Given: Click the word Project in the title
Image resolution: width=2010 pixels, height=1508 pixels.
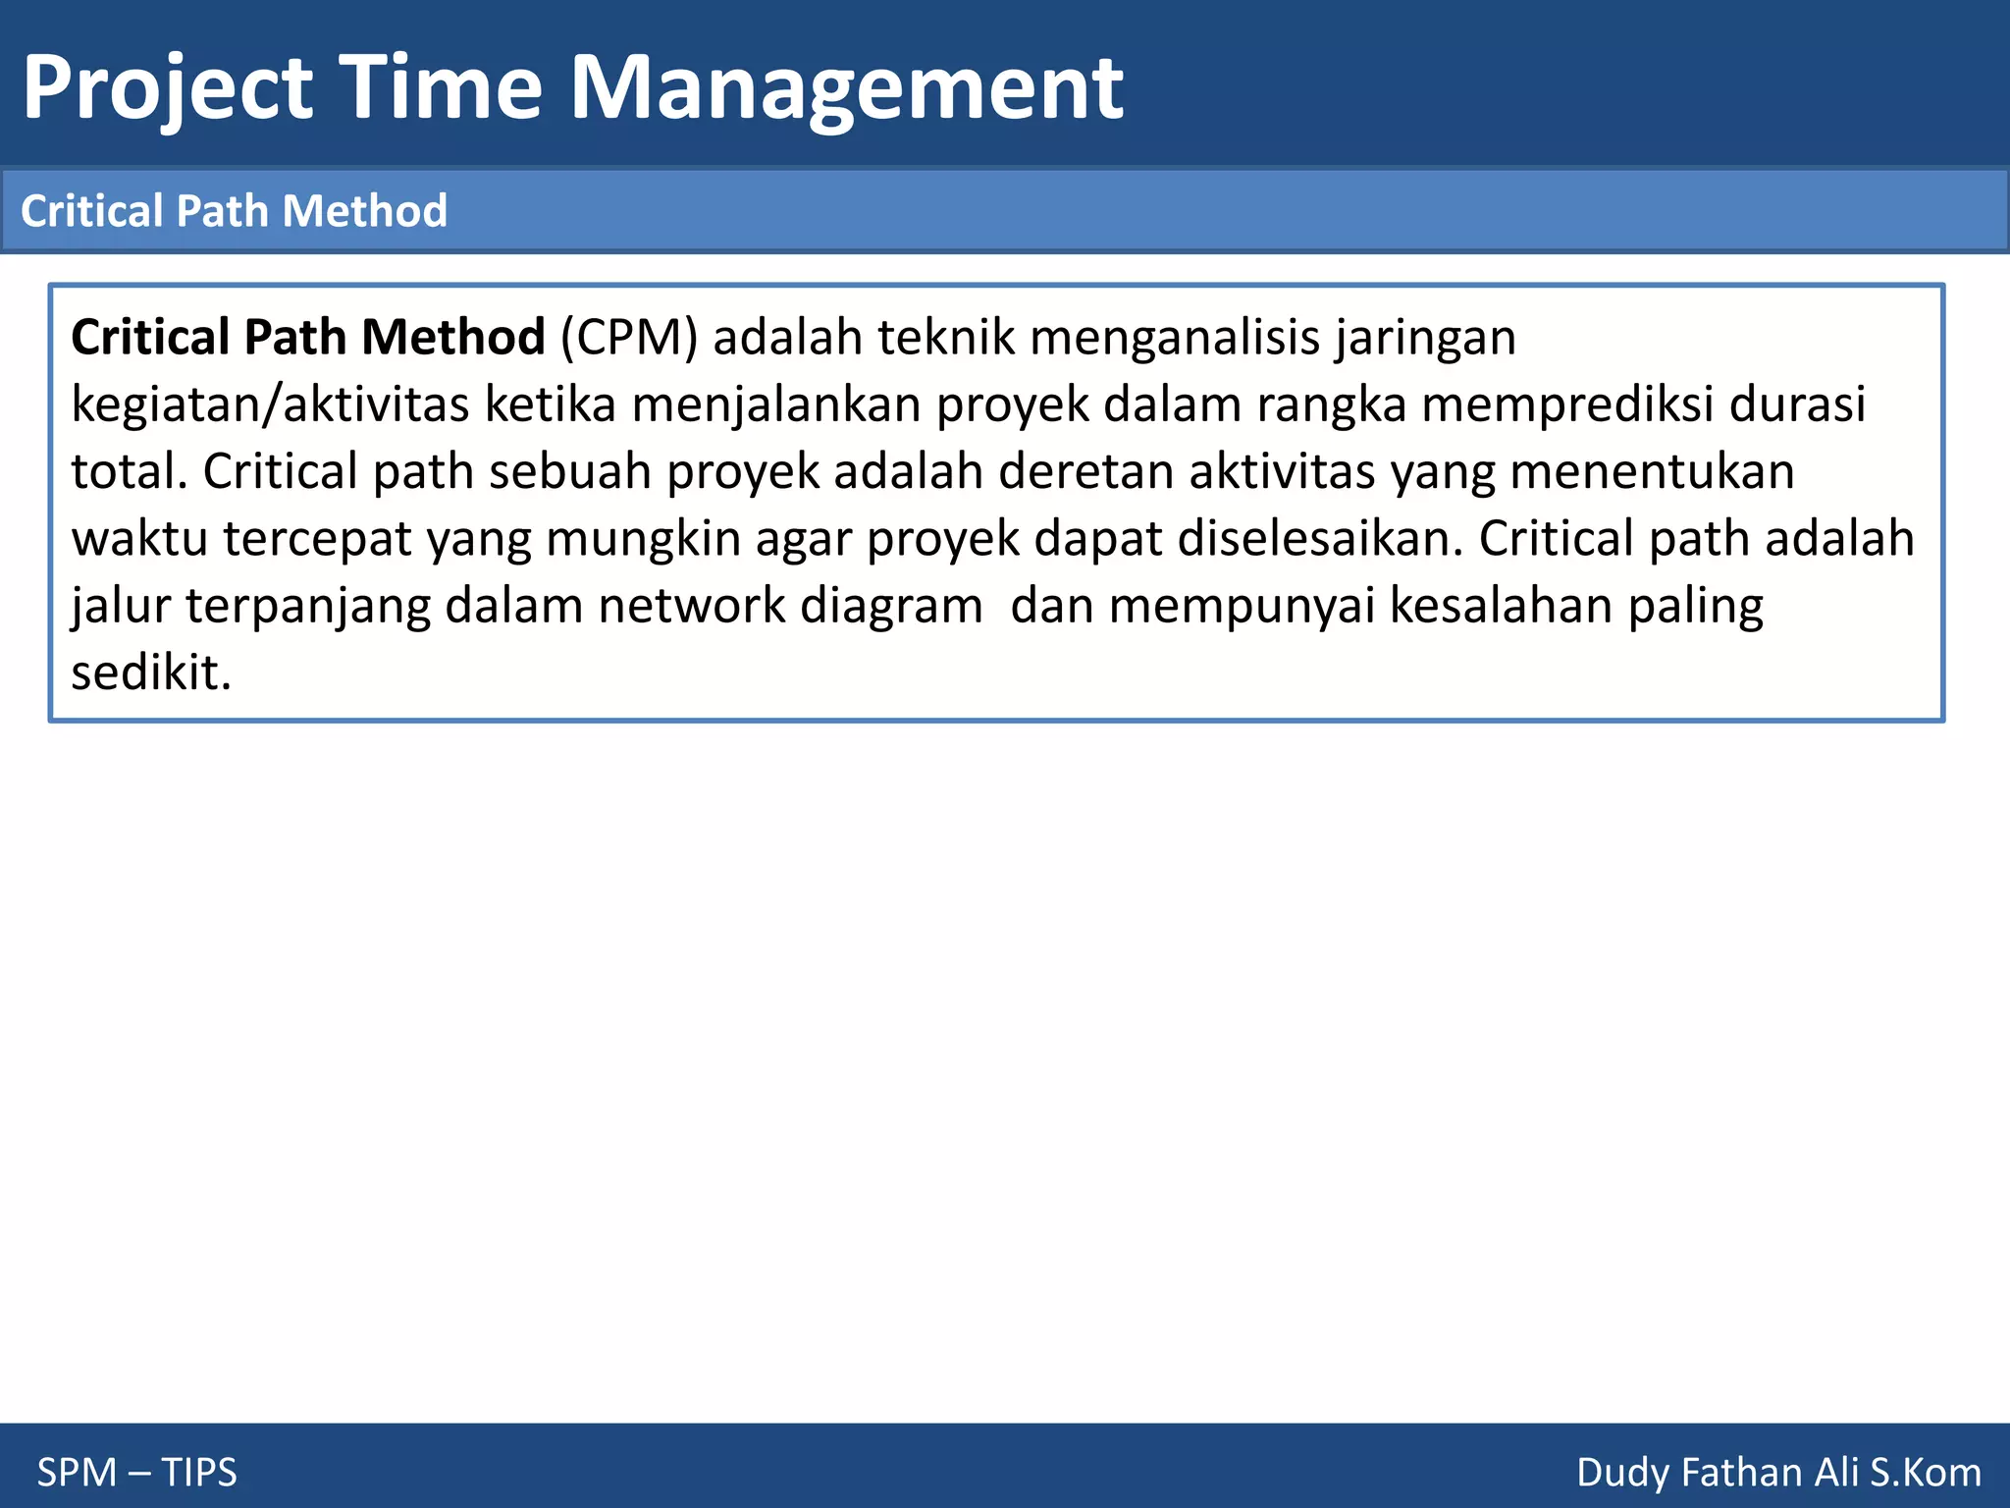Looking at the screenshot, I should pos(168,88).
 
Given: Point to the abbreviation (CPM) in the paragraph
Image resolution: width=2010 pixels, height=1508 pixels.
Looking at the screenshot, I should pos(629,338).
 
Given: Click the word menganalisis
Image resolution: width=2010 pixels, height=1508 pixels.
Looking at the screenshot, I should pos(1174,338).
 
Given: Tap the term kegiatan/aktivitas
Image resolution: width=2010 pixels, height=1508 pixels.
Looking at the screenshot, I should pos(270,404).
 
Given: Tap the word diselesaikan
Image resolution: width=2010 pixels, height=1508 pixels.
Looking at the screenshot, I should pos(1320,539).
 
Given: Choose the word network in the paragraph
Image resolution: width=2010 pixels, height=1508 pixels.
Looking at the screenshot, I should pos(691,606).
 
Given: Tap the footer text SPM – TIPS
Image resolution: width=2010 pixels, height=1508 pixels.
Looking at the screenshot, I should pos(137,1473).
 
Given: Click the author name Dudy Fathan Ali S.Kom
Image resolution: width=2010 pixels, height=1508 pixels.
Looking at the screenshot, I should pos(1778,1473).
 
